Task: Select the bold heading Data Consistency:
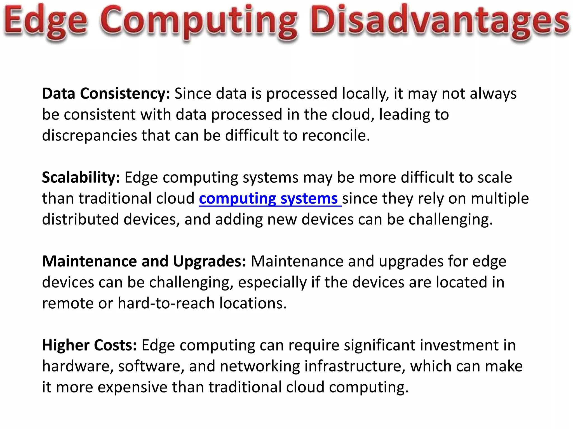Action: coord(106,94)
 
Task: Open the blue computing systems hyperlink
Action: coord(270,199)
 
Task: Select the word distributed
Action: coord(81,220)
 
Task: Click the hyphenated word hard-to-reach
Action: coord(166,303)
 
